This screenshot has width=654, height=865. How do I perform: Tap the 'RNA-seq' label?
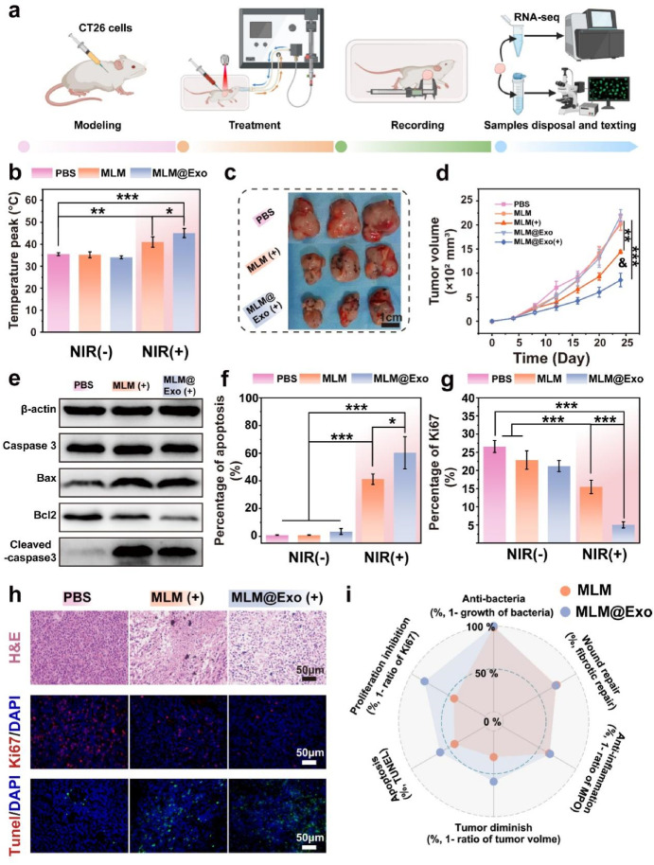pos(533,15)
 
